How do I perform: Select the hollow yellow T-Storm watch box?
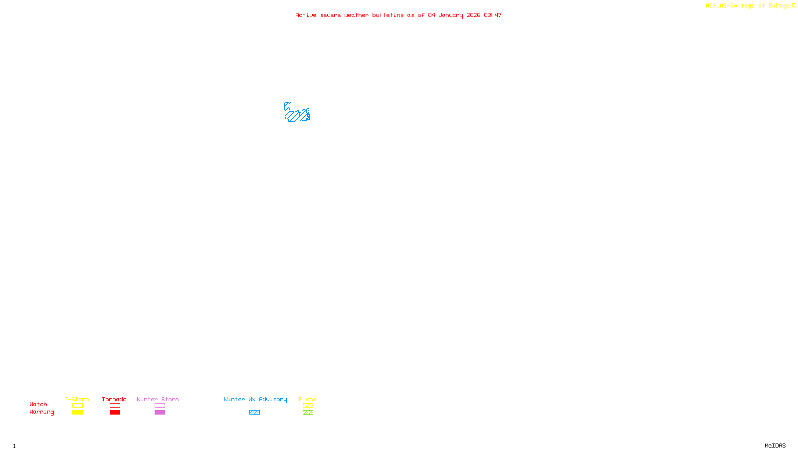click(x=77, y=406)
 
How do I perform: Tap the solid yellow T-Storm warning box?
click(x=77, y=413)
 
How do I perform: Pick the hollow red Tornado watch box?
click(x=115, y=406)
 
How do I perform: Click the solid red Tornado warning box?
click(x=115, y=413)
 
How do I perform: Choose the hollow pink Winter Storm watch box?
click(x=160, y=406)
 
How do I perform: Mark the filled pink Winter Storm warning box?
click(x=160, y=413)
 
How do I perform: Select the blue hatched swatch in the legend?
click(x=254, y=413)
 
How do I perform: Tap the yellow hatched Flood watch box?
click(x=308, y=406)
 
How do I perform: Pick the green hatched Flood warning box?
click(x=308, y=413)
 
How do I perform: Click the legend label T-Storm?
click(x=77, y=399)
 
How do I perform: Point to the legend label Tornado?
click(x=114, y=399)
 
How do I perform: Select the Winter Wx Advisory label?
click(x=255, y=399)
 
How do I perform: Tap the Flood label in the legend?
click(x=308, y=399)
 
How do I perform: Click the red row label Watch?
click(x=38, y=405)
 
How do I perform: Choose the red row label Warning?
click(x=41, y=412)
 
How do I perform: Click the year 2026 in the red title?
click(x=473, y=15)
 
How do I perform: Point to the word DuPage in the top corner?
click(x=779, y=6)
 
